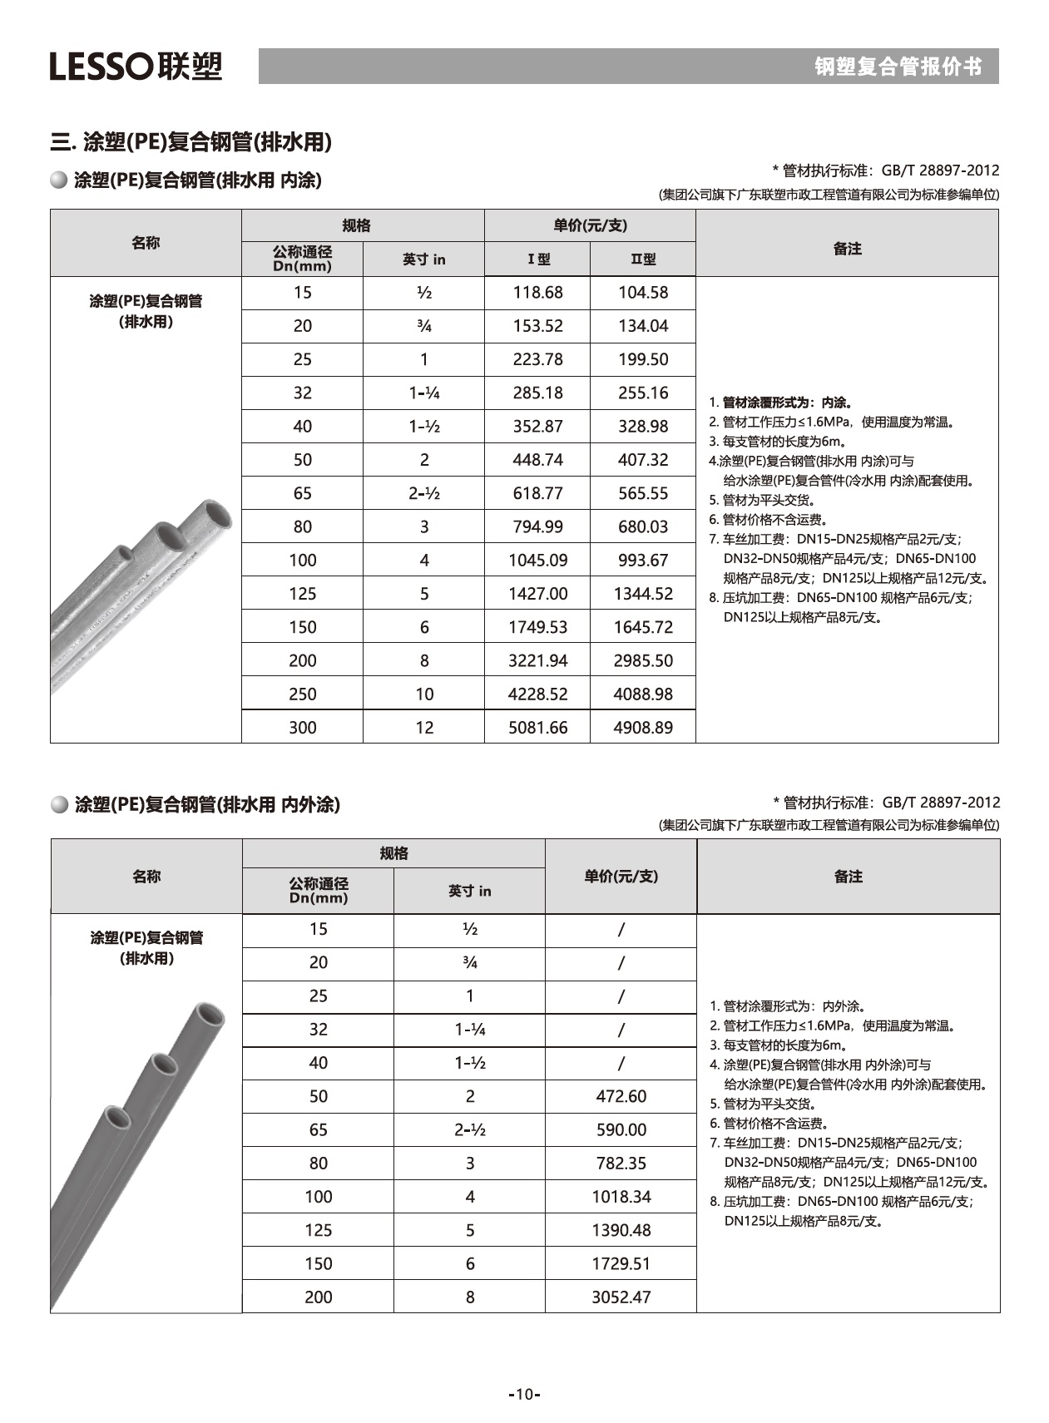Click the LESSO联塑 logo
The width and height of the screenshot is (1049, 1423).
(136, 66)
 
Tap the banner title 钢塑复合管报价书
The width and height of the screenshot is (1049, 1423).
(898, 67)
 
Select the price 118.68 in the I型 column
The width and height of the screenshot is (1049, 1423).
(537, 293)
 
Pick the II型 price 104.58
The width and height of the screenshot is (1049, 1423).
(642, 293)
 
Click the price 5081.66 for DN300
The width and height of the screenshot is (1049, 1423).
(537, 728)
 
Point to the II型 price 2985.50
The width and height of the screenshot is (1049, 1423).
(642, 661)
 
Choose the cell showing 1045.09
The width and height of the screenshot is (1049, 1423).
(537, 561)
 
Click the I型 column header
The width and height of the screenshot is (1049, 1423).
(538, 259)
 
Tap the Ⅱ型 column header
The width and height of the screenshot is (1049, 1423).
(642, 259)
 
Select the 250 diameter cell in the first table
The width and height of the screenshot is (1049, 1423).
(302, 694)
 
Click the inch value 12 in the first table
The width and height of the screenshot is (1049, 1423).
(424, 728)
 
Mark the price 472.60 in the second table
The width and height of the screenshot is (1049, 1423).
(621, 1097)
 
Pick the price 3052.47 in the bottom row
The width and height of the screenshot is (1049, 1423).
(621, 1297)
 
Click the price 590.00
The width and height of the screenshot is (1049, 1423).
(621, 1130)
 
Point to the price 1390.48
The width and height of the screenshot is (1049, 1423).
(621, 1231)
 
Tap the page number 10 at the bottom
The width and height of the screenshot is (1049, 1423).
(523, 1395)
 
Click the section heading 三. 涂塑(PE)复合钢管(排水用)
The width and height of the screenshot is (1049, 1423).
(191, 142)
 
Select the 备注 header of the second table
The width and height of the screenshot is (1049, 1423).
(848, 877)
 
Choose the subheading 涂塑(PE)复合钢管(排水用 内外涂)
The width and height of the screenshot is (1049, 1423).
(206, 804)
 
